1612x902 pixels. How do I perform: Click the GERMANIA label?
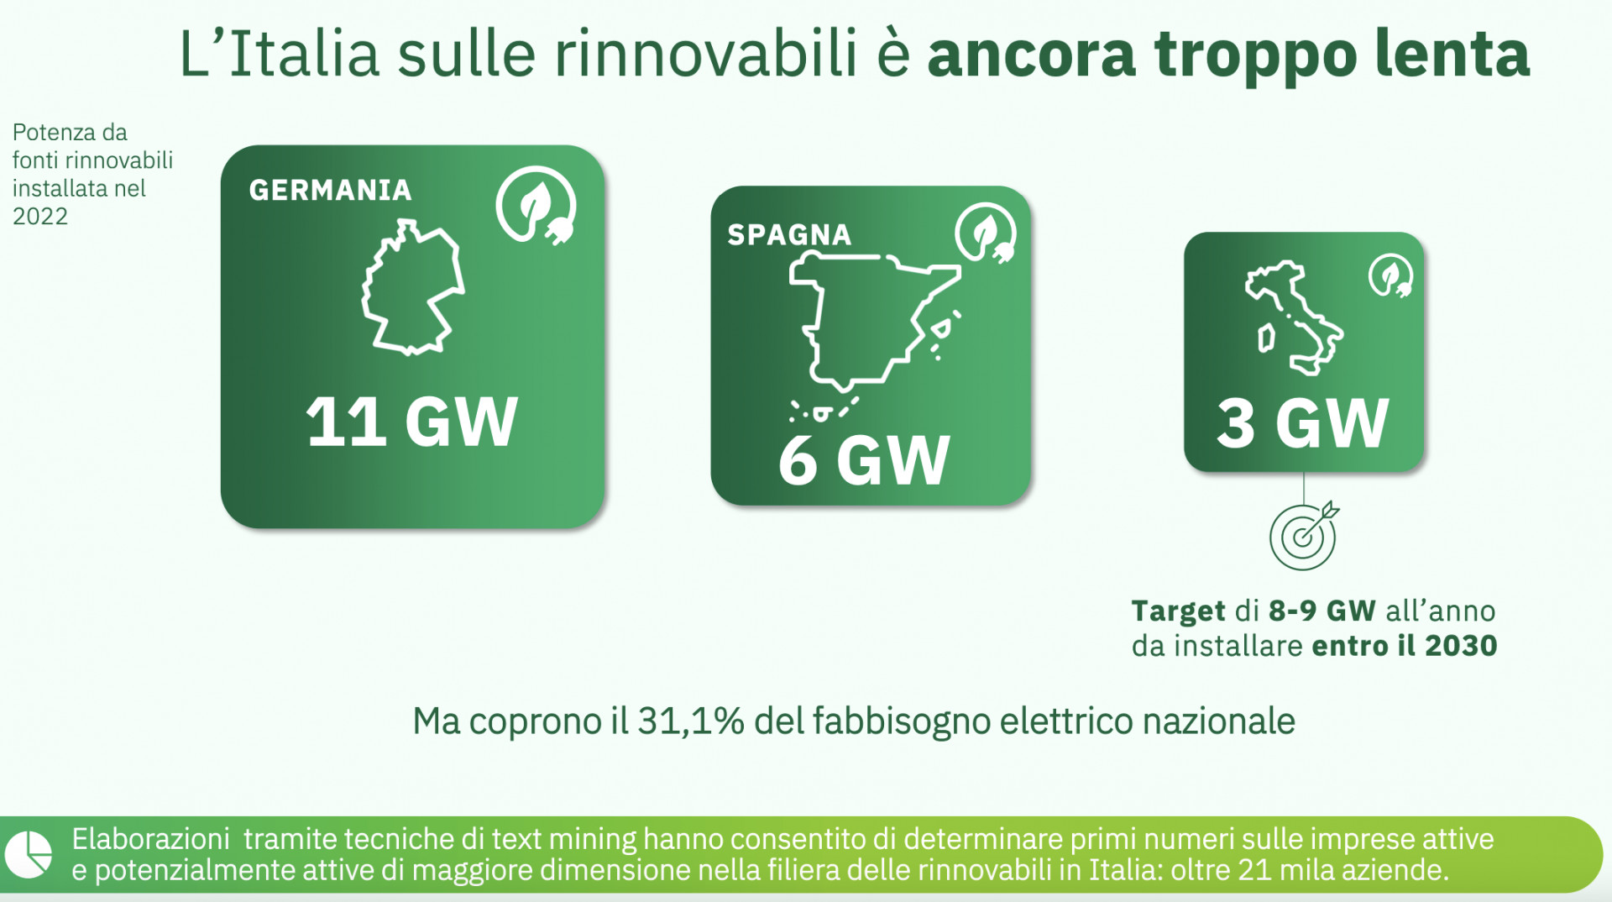click(x=330, y=190)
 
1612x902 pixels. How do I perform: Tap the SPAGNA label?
click(x=789, y=234)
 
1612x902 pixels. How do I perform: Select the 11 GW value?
click(x=411, y=422)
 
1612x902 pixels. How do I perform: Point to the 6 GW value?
click(x=864, y=460)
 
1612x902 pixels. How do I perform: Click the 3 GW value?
click(x=1303, y=423)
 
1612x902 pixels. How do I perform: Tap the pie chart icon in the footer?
click(x=29, y=855)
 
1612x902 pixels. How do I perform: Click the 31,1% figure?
click(x=691, y=721)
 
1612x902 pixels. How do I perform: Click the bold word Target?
click(x=1178, y=611)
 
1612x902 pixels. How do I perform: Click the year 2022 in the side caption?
click(x=39, y=216)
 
